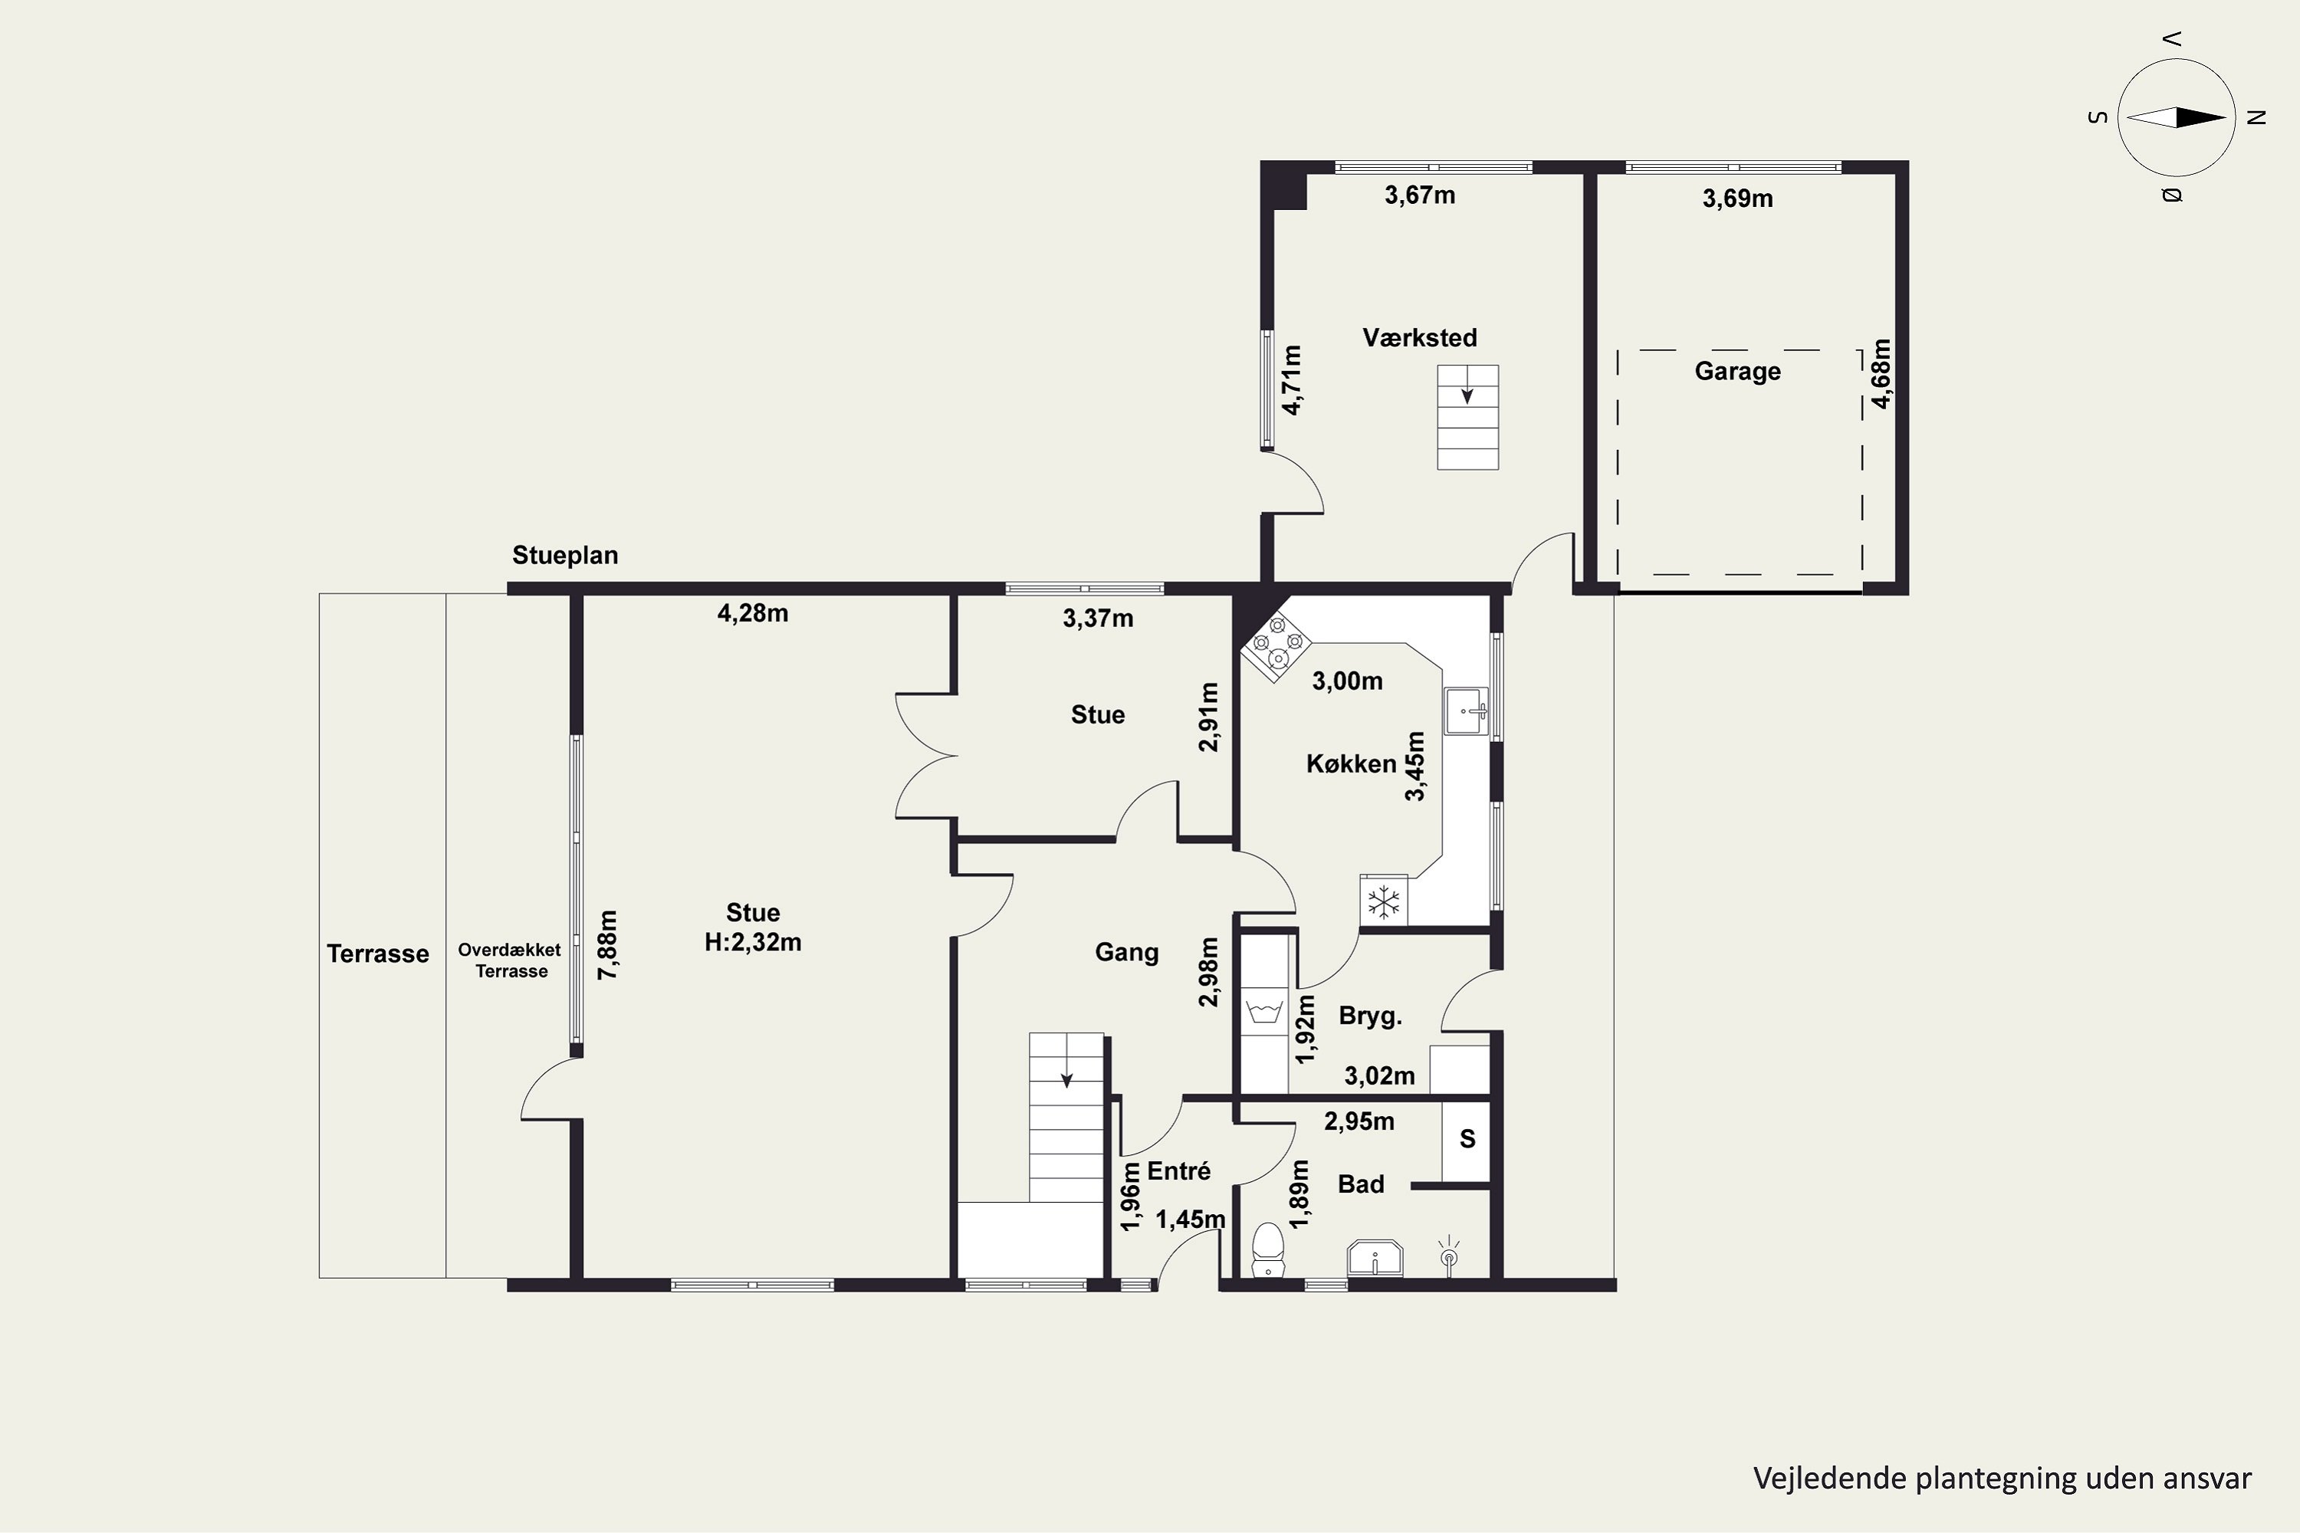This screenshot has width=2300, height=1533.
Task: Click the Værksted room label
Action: (x=1420, y=338)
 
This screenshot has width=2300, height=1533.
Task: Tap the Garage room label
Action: (x=1738, y=372)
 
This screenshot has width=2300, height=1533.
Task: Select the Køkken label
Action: (x=1352, y=763)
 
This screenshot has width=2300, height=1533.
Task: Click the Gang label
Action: (x=1126, y=952)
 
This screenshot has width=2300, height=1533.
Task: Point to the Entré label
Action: (x=1178, y=1171)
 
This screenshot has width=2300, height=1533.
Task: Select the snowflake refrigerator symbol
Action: (x=1384, y=901)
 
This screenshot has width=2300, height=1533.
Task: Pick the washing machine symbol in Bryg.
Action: (x=1266, y=1013)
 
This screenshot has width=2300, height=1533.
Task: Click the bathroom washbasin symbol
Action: (x=1375, y=1259)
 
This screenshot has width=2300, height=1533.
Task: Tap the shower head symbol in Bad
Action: (x=1448, y=1257)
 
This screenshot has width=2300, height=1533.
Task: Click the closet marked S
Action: (x=1466, y=1140)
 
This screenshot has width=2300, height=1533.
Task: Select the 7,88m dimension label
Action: (x=608, y=945)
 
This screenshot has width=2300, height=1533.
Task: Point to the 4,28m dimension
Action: (x=753, y=614)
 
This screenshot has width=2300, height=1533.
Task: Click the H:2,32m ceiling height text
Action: (x=753, y=943)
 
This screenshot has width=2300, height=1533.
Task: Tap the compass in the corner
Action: (x=2177, y=117)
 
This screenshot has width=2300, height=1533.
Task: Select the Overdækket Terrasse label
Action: (x=511, y=960)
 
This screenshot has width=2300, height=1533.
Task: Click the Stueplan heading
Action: (x=565, y=555)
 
